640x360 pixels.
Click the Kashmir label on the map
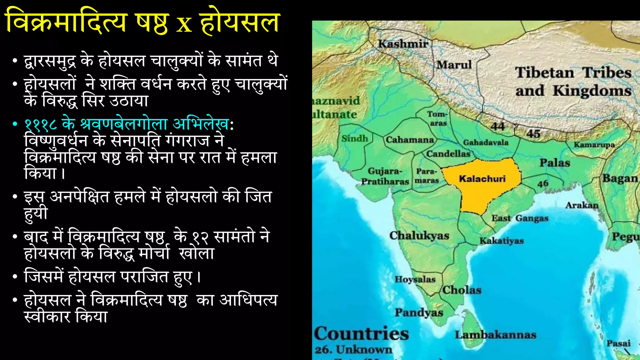tap(403, 44)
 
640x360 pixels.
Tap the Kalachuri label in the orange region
tap(482, 179)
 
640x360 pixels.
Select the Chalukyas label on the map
tap(419, 236)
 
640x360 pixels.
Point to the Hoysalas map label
tap(415, 279)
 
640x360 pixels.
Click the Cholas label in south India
tap(462, 290)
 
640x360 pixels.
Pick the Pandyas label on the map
tap(419, 312)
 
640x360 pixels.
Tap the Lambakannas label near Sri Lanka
tap(495, 335)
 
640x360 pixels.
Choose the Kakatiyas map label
tap(502, 241)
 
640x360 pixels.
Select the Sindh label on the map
tap(355, 138)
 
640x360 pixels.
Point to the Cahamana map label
tap(410, 140)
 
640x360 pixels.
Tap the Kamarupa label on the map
tap(594, 145)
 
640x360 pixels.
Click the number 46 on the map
tap(543, 183)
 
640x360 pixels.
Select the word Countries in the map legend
tap(362, 333)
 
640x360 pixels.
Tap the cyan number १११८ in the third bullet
tap(41, 124)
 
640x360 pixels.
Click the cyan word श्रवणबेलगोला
tap(124, 124)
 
